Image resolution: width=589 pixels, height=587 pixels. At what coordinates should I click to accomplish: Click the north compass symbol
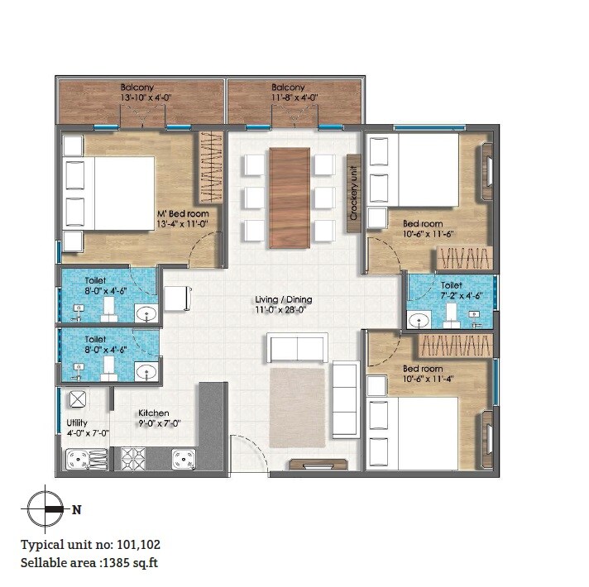47,509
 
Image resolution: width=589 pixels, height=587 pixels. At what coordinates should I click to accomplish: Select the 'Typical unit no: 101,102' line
91,545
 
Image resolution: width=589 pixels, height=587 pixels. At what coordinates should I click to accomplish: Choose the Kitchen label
154,418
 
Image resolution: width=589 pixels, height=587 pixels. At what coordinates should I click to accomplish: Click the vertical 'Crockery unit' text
352,193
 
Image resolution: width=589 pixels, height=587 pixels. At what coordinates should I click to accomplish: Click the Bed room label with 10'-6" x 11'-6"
423,229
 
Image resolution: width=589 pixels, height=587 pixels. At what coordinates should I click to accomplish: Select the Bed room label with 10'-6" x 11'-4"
423,374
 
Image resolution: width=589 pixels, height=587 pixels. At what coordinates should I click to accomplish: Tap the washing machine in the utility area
78,400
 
